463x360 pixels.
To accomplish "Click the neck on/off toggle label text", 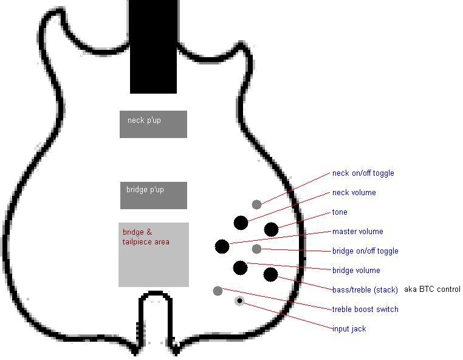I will [363, 173].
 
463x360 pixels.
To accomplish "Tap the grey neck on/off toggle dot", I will [257, 204].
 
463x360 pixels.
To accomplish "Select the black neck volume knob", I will [241, 223].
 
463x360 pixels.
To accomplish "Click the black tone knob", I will [271, 229].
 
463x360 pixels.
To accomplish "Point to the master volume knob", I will [222, 246].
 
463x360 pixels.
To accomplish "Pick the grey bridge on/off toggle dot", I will [257, 249].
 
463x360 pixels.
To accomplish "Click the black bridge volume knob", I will [240, 268].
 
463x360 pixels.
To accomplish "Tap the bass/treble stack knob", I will [270, 274].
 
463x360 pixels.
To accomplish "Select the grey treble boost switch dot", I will [218, 291].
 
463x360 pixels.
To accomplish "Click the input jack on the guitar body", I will [241, 300].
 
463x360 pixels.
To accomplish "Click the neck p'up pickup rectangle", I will [153, 124].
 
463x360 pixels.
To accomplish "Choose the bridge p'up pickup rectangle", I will [153, 195].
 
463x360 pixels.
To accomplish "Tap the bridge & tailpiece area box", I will [153, 254].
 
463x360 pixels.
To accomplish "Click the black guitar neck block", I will [154, 46].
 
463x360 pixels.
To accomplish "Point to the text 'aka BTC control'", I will [431, 289].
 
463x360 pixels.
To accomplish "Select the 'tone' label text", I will [340, 212].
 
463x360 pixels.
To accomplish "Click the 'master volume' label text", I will [357, 232].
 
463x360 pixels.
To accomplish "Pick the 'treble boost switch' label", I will [365, 310].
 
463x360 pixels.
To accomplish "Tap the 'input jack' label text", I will [349, 329].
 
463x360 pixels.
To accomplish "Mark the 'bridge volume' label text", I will [356, 271].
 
